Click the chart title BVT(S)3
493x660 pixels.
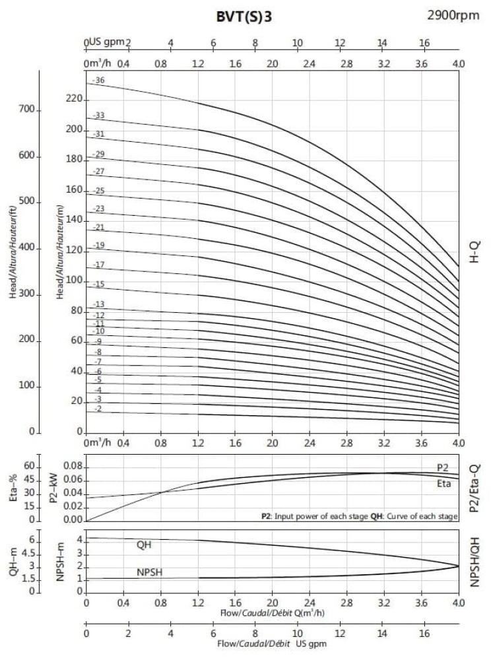click(244, 17)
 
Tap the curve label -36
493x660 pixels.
click(99, 81)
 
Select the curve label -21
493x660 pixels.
click(99, 228)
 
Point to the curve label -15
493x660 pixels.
click(99, 284)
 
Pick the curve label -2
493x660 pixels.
click(98, 409)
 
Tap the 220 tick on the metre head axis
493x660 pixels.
click(75, 99)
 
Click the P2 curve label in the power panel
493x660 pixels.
click(443, 467)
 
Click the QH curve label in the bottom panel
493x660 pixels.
click(144, 545)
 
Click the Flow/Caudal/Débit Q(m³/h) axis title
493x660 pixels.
click(272, 613)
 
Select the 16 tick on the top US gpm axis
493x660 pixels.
click(425, 44)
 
